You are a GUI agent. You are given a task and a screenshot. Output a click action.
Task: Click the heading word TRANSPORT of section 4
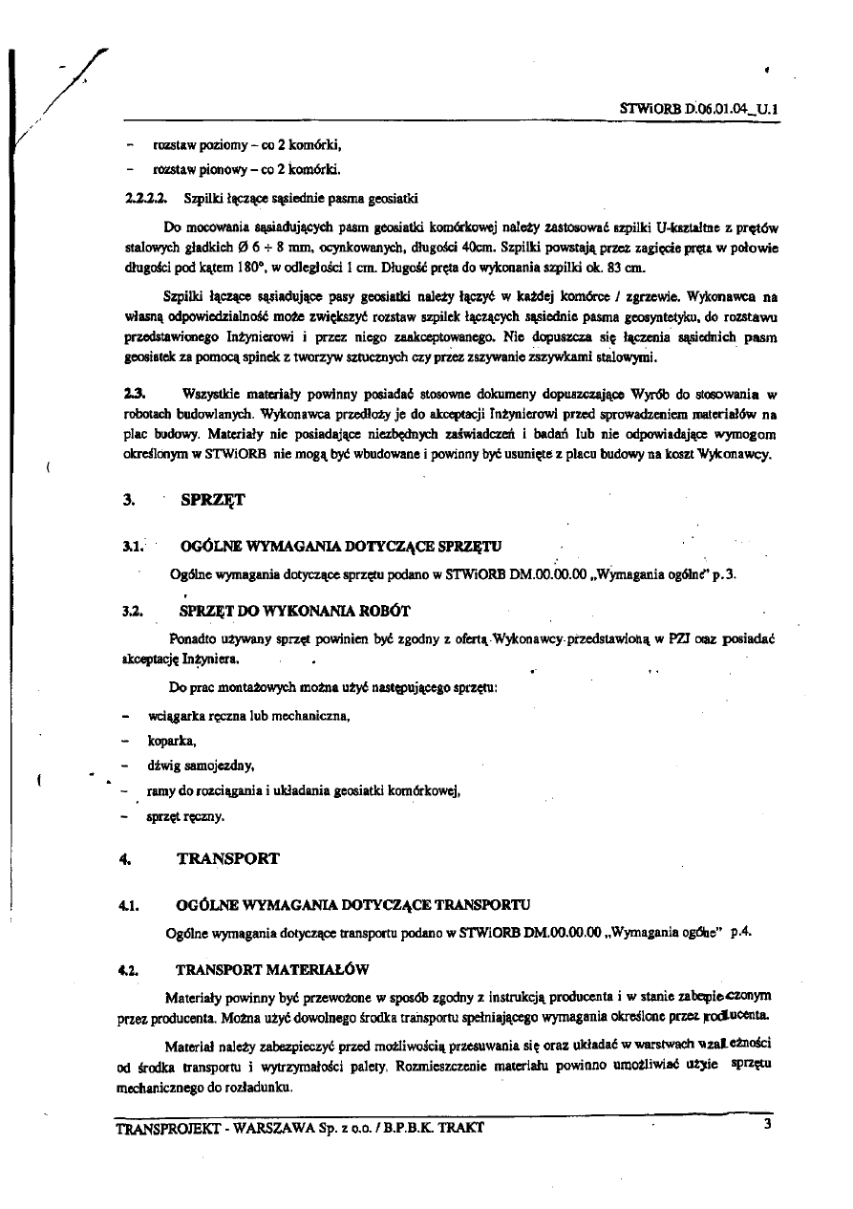pos(228,858)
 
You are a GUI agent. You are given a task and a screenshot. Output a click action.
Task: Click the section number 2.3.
pos(136,393)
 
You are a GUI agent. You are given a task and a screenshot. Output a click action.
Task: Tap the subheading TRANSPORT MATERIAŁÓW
pos(272,968)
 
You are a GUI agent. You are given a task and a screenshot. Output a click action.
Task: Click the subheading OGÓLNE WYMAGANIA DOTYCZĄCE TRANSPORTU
pos(352,903)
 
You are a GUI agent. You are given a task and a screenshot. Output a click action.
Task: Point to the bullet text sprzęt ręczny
pos(186,816)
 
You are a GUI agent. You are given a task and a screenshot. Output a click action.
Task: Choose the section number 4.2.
pos(131,968)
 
